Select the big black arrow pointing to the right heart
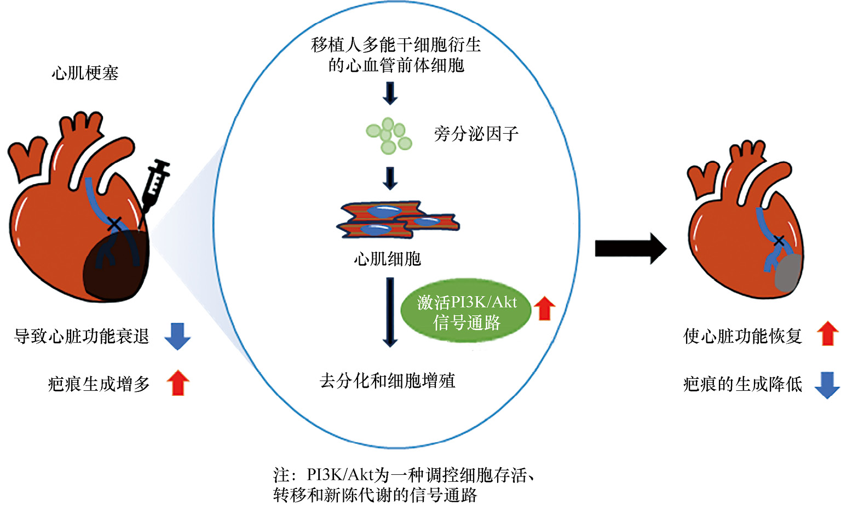630,248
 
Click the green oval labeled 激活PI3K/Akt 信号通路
466,312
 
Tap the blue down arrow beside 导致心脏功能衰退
177,336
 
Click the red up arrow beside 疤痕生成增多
177,383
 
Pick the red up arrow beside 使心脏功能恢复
827,333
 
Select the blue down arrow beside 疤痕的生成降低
827,384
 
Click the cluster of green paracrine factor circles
389,135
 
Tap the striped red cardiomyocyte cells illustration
397,220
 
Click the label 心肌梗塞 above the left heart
85,73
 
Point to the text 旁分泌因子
476,134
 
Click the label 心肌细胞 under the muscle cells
387,258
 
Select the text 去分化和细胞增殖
387,380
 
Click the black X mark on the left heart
114,224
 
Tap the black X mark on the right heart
778,240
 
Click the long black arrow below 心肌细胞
389,312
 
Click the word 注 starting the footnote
281,475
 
